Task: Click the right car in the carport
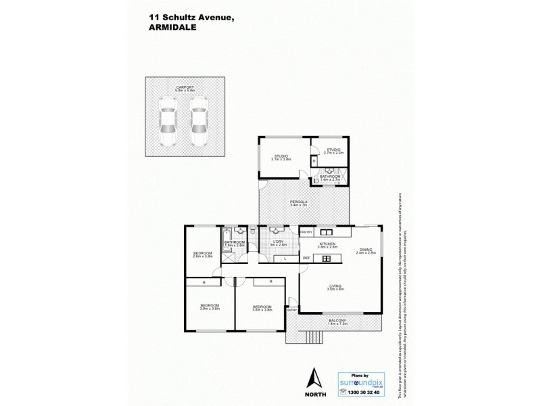197,120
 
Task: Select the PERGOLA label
299,201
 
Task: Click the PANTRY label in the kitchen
306,232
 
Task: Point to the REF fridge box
306,258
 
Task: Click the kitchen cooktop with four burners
326,258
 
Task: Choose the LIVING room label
335,286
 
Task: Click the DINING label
366,249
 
